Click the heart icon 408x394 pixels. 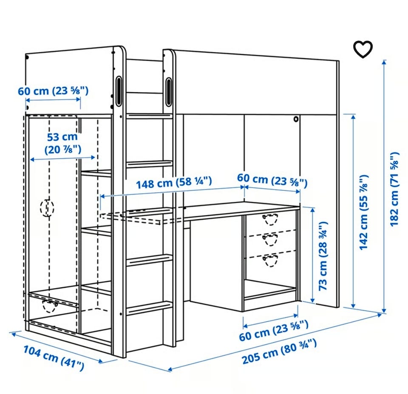pyautogui.click(x=363, y=49)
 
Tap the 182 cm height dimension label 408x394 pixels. pyautogui.click(x=395, y=189)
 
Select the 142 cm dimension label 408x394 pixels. pyautogui.click(x=364, y=213)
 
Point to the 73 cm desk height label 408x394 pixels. pyautogui.click(x=323, y=256)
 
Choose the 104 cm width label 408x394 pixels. pyautogui.click(x=54, y=358)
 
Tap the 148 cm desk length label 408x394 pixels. pyautogui.click(x=174, y=182)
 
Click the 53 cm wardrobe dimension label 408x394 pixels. pyautogui.click(x=63, y=143)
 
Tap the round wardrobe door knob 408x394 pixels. pyautogui.click(x=47, y=208)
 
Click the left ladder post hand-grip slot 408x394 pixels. pyautogui.click(x=119, y=91)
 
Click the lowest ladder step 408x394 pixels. pyautogui.click(x=149, y=307)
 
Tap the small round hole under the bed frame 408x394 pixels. pyautogui.click(x=296, y=119)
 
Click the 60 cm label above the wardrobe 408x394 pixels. pyautogui.click(x=53, y=91)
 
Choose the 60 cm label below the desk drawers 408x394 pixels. pyautogui.click(x=274, y=331)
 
